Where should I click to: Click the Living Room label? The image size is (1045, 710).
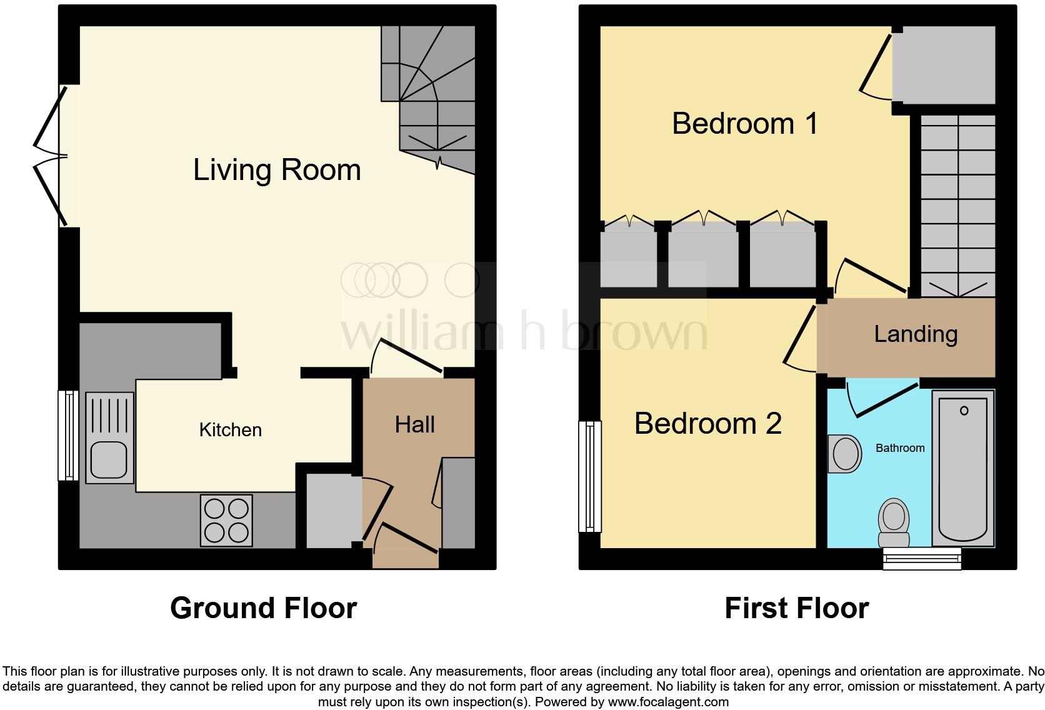(x=277, y=170)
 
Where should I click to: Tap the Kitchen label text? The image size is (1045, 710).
(x=230, y=430)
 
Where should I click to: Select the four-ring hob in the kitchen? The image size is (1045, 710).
(x=226, y=521)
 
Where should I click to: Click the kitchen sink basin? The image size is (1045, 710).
(x=109, y=459)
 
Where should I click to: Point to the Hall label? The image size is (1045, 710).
(x=414, y=425)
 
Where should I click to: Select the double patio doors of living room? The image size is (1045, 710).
(x=50, y=156)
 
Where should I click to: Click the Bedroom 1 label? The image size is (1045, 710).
(x=744, y=123)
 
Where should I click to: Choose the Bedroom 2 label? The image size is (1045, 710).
(x=707, y=424)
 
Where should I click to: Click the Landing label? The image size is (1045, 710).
(x=915, y=334)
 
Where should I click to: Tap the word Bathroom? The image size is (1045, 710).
(x=899, y=448)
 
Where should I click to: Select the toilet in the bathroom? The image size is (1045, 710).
(x=894, y=523)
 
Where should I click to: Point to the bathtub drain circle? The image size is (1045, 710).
(x=964, y=411)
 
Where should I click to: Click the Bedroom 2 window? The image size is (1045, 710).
(x=589, y=476)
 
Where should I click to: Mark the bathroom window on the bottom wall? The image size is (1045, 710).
(x=922, y=559)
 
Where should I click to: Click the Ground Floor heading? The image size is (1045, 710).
(x=263, y=608)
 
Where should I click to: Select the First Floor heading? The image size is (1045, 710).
(x=796, y=608)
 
